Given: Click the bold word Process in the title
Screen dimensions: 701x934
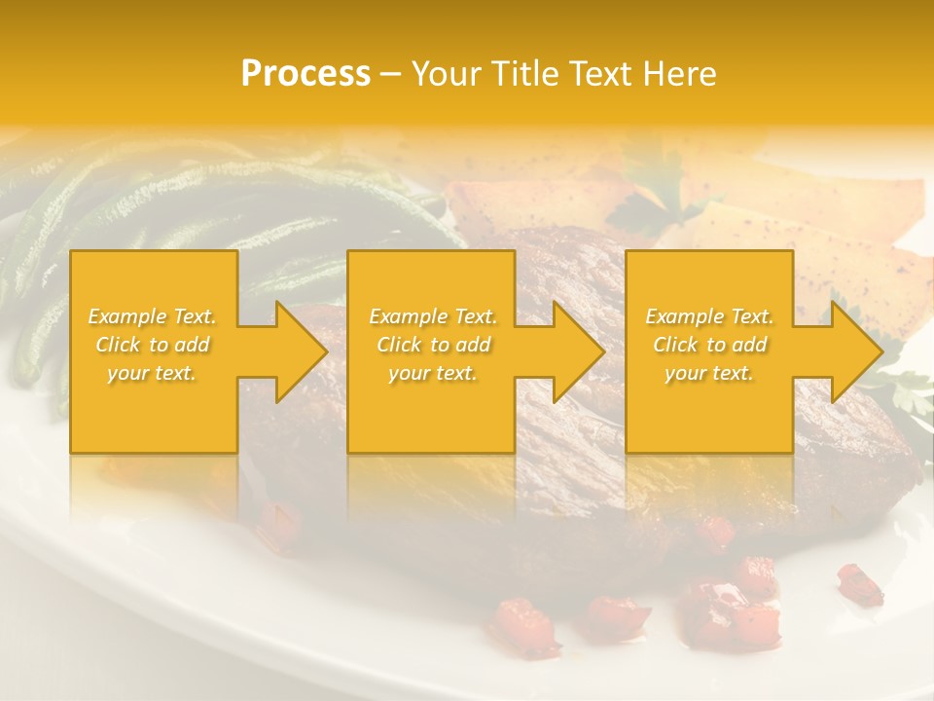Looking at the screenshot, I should pos(305,74).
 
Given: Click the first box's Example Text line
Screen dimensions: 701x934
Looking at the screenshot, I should pos(152,316).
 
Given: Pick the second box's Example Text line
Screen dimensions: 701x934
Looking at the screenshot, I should pos(432,316).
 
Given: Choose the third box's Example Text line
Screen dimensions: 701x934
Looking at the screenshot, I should pos(709,316).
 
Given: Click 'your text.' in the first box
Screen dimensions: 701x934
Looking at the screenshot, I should pos(152,373).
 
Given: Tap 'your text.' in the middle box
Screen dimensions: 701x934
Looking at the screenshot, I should pos(432,373).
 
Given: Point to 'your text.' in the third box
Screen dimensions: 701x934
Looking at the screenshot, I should pos(709,373).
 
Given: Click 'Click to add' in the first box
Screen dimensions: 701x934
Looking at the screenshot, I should pos(152,345).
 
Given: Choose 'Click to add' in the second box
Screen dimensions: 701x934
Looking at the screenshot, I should pos(432,345).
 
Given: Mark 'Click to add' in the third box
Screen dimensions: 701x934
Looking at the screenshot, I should pos(709,345).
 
